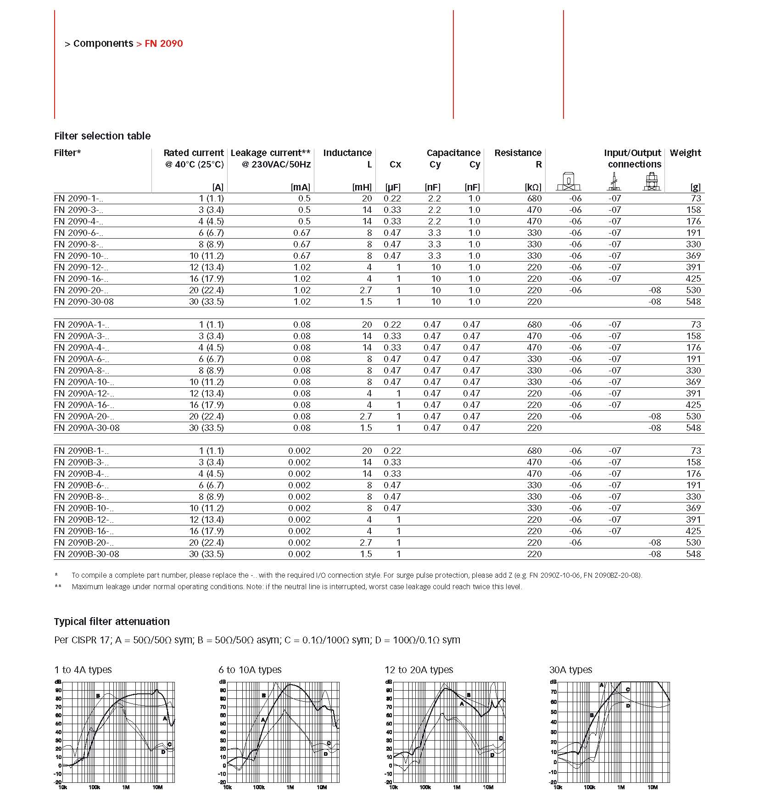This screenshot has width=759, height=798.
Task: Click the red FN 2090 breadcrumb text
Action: tap(164, 44)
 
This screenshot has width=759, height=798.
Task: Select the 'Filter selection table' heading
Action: tap(102, 136)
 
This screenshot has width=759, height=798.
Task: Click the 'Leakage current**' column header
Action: tap(270, 153)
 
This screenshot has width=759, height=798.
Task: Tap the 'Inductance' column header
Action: tap(347, 153)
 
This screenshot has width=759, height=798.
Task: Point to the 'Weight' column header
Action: tap(685, 153)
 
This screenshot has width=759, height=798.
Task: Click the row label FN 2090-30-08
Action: tap(84, 301)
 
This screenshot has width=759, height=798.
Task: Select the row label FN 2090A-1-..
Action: tap(81, 324)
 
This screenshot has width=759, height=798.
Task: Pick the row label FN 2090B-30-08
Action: tap(87, 554)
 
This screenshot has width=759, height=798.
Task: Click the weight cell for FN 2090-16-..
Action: tap(693, 279)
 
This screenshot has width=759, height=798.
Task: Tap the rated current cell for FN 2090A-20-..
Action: tap(206, 416)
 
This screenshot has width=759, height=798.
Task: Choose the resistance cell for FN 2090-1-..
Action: tap(534, 198)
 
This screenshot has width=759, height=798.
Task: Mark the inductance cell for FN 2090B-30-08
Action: tap(366, 554)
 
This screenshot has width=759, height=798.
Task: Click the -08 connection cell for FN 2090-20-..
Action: tap(654, 290)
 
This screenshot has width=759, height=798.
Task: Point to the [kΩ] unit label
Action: tap(533, 187)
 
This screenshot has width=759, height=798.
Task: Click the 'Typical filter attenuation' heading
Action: tap(112, 621)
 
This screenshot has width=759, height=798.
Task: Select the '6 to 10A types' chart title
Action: tap(250, 670)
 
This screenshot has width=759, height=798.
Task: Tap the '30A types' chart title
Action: tap(570, 670)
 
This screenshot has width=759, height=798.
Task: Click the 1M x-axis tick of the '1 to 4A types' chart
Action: tap(126, 787)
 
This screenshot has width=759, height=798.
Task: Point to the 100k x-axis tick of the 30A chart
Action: tap(589, 787)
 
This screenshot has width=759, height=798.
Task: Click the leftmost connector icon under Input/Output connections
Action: tap(569, 182)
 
